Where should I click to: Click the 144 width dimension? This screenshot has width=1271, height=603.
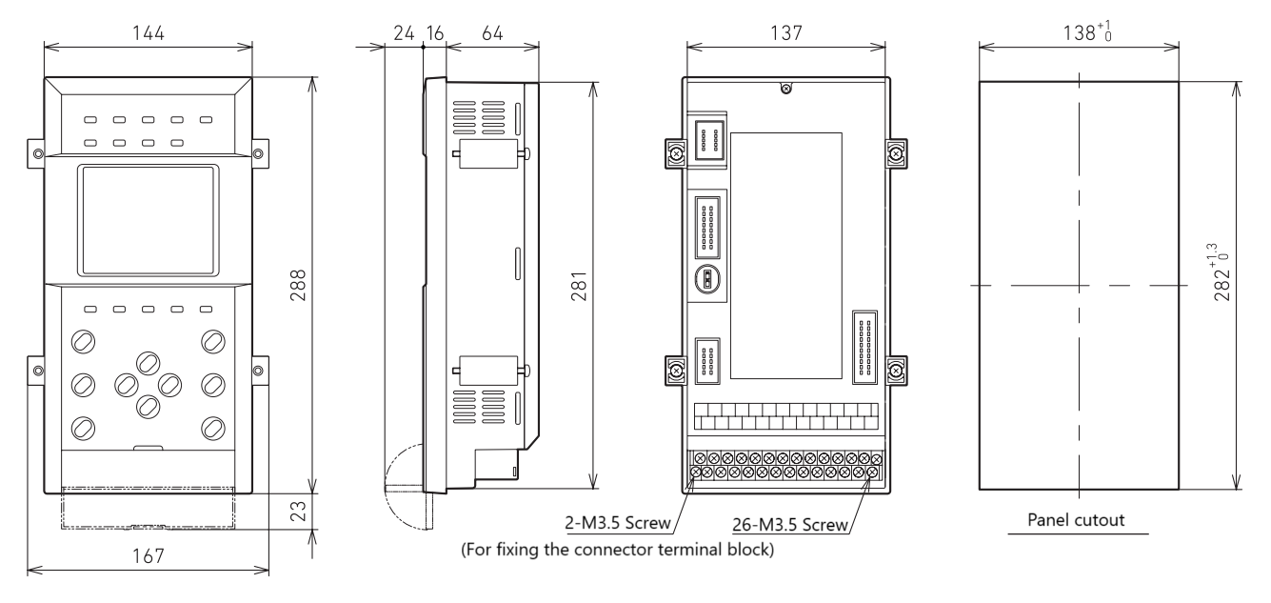click(x=149, y=32)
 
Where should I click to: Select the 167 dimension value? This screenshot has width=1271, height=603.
click(x=149, y=555)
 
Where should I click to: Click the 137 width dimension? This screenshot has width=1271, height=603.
click(x=784, y=32)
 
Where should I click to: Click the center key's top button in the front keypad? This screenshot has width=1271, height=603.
click(x=148, y=362)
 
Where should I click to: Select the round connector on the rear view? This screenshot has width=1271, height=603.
click(x=705, y=279)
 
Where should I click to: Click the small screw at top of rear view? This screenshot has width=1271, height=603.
click(x=784, y=90)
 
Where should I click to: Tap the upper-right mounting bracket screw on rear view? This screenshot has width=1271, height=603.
click(x=896, y=152)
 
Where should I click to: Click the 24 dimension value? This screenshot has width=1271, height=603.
click(x=403, y=32)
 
